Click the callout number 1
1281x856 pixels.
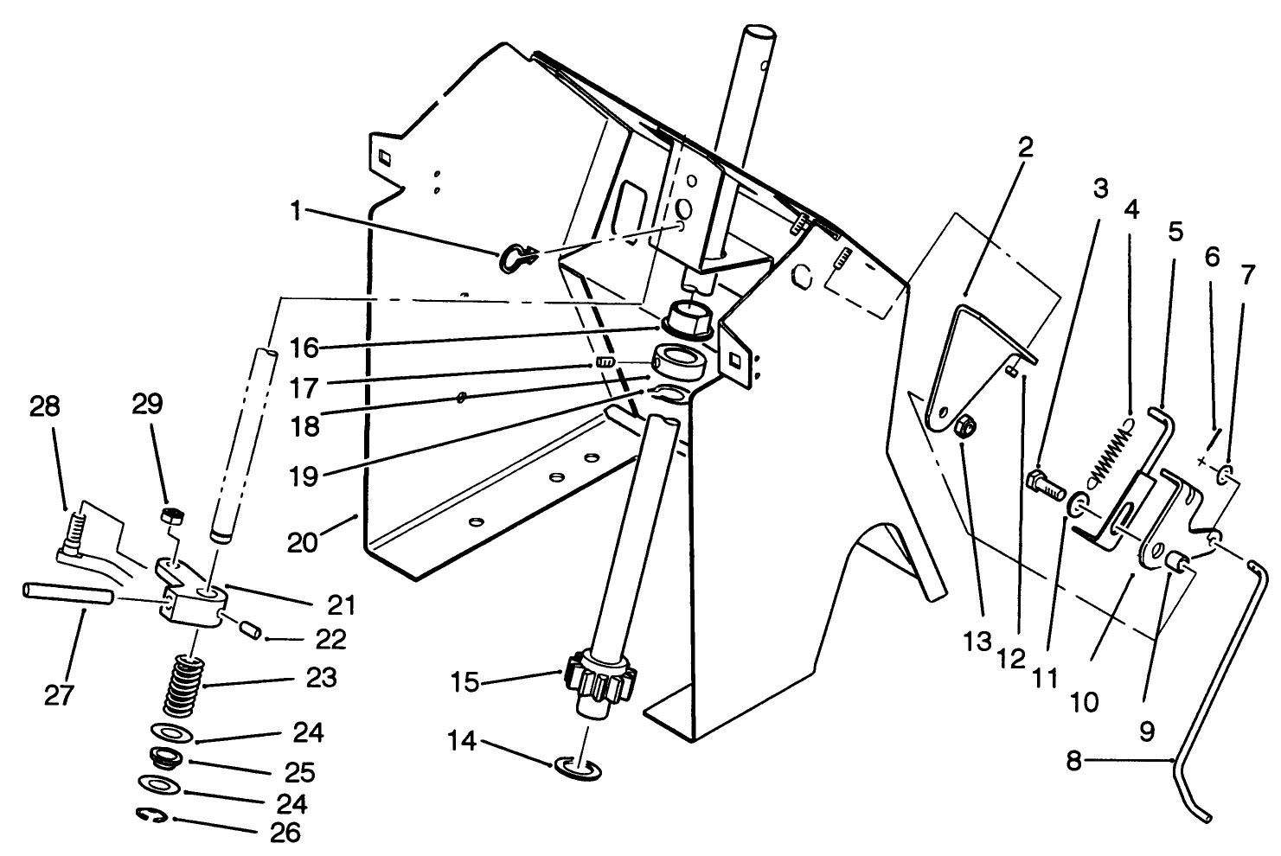296,211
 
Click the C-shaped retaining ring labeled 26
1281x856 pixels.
153,815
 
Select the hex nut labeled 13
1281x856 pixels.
967,425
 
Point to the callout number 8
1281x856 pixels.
1073,762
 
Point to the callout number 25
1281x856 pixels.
297,771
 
